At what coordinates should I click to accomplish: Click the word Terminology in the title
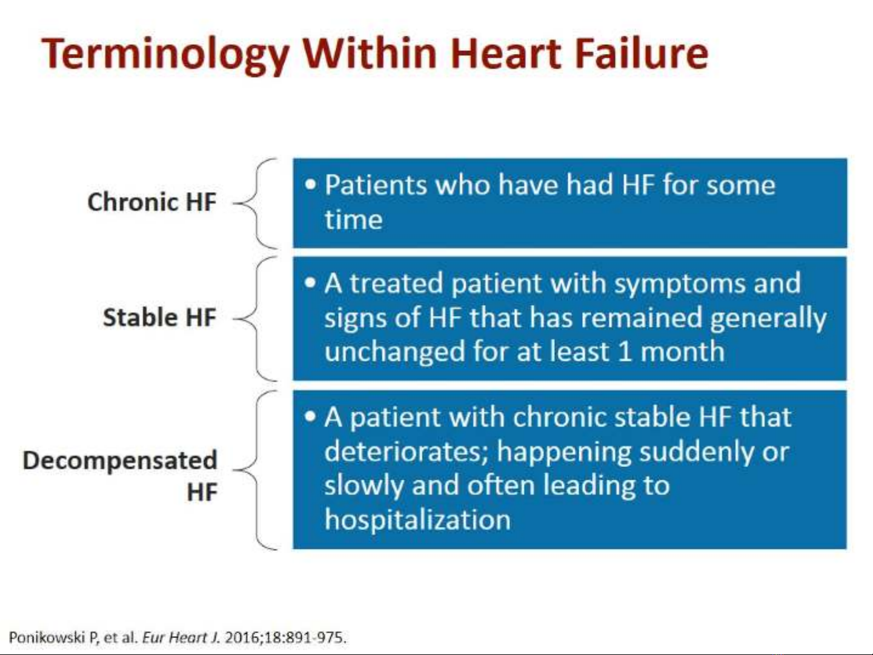tap(165, 55)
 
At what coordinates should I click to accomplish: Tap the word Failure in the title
tap(642, 53)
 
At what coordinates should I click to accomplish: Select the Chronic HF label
tap(152, 202)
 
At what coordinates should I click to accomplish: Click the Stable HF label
tap(159, 318)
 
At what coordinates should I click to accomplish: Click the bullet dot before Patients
tap(311, 184)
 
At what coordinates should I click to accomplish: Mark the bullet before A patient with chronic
tap(311, 416)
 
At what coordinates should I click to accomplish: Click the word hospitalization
tap(417, 520)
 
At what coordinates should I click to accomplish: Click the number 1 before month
tap(625, 351)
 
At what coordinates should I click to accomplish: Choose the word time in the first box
tap(354, 219)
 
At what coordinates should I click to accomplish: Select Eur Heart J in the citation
tap(181, 637)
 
